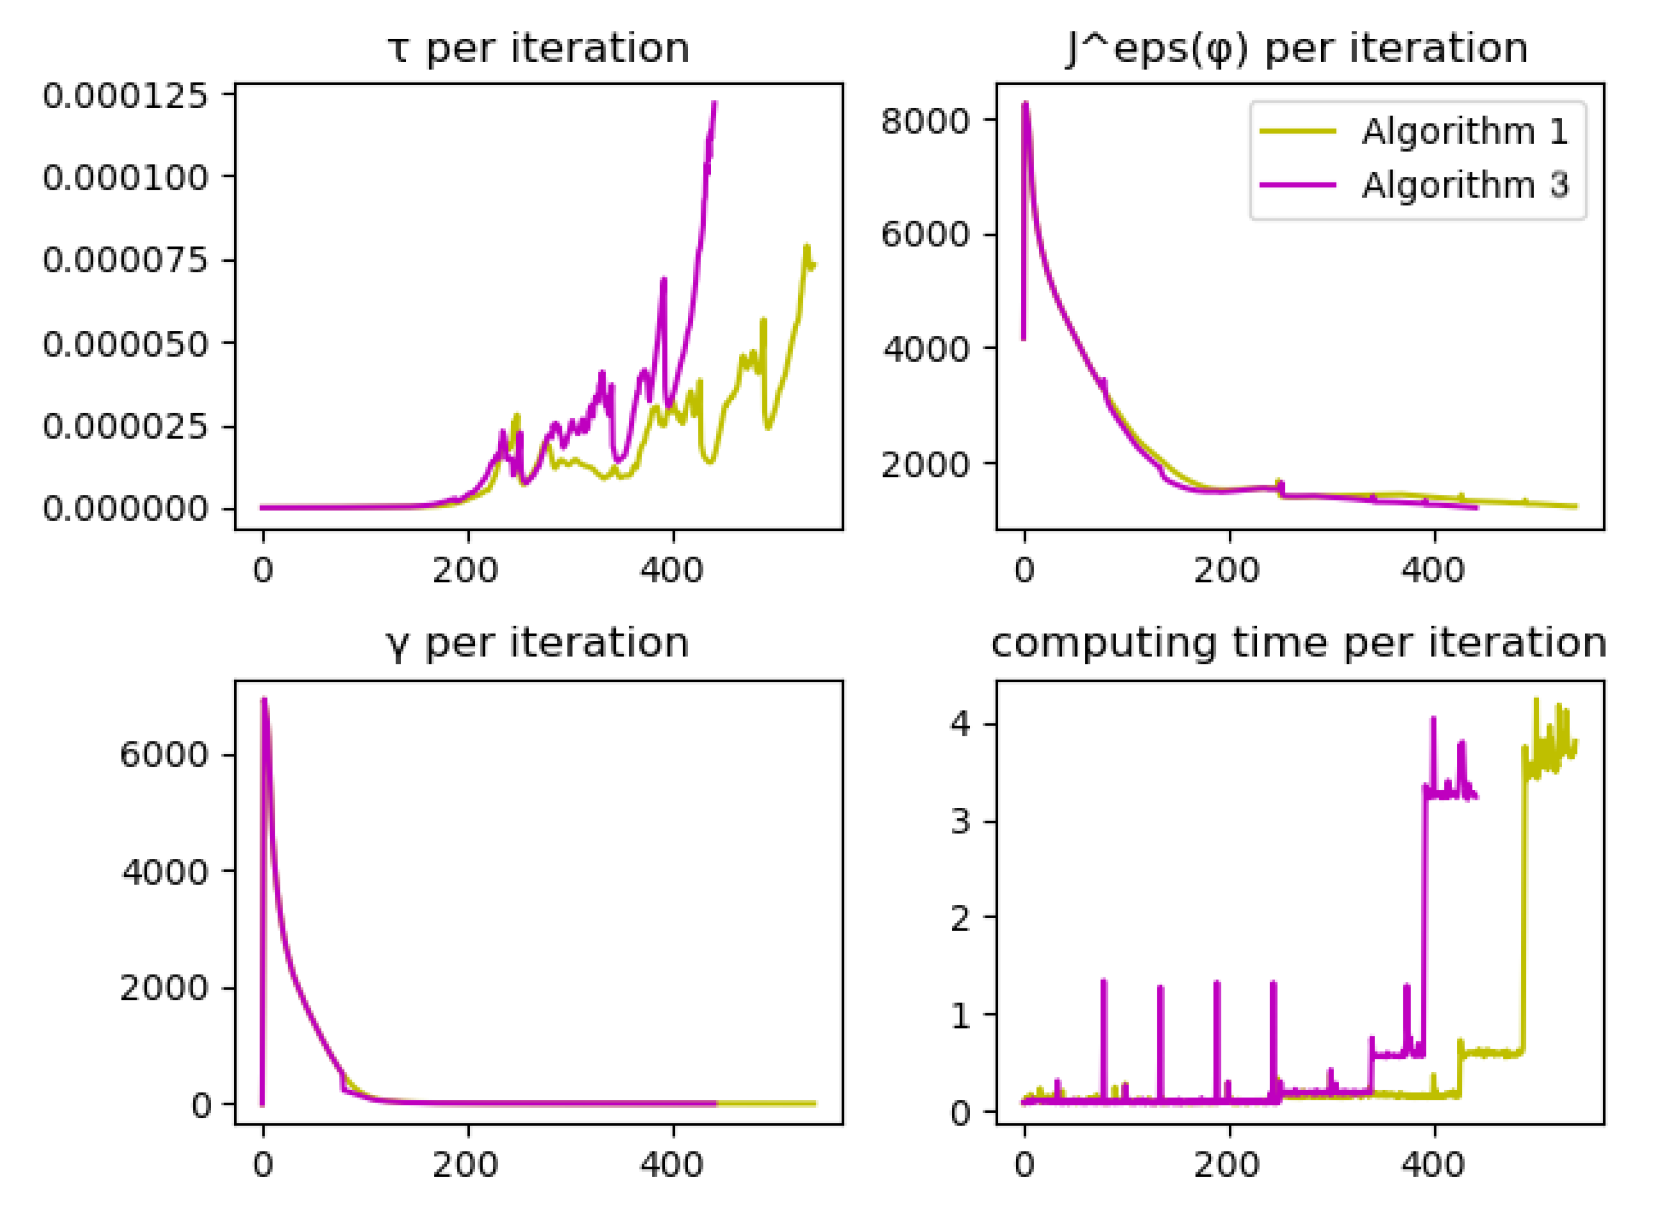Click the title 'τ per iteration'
538,49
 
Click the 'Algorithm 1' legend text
1465,132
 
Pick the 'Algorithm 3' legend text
1465,185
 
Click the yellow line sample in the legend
1299,132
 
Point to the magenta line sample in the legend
1299,185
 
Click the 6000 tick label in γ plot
164,755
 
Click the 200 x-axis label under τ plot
466,571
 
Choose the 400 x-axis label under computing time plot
1433,1165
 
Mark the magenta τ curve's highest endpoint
715,103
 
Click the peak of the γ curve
264,699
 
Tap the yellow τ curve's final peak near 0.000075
807,247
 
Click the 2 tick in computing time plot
960,918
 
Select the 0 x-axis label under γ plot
263,1165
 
